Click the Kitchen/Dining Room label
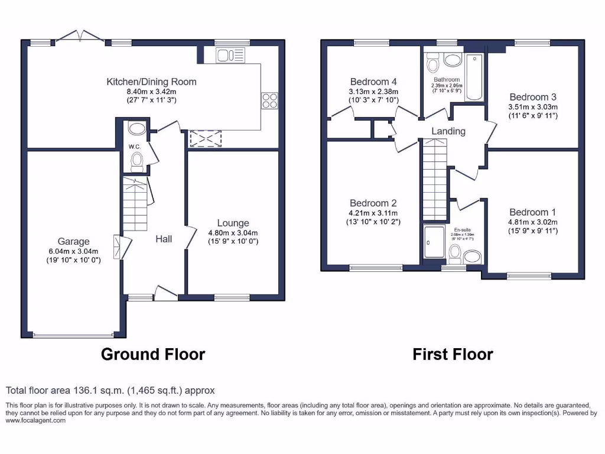pos(151,82)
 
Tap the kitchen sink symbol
pos(230,56)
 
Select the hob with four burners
pos(269,101)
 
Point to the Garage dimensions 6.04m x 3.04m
pos(74,251)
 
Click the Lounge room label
pos(233,223)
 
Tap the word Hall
pos(164,239)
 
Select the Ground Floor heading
pos(153,354)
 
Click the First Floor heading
pos(453,354)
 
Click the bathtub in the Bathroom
pos(474,77)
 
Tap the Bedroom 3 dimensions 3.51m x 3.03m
pos(533,107)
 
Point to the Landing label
pos(448,131)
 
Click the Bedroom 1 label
pos(533,212)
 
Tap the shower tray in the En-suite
pos(434,243)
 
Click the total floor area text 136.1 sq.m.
pos(110,390)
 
